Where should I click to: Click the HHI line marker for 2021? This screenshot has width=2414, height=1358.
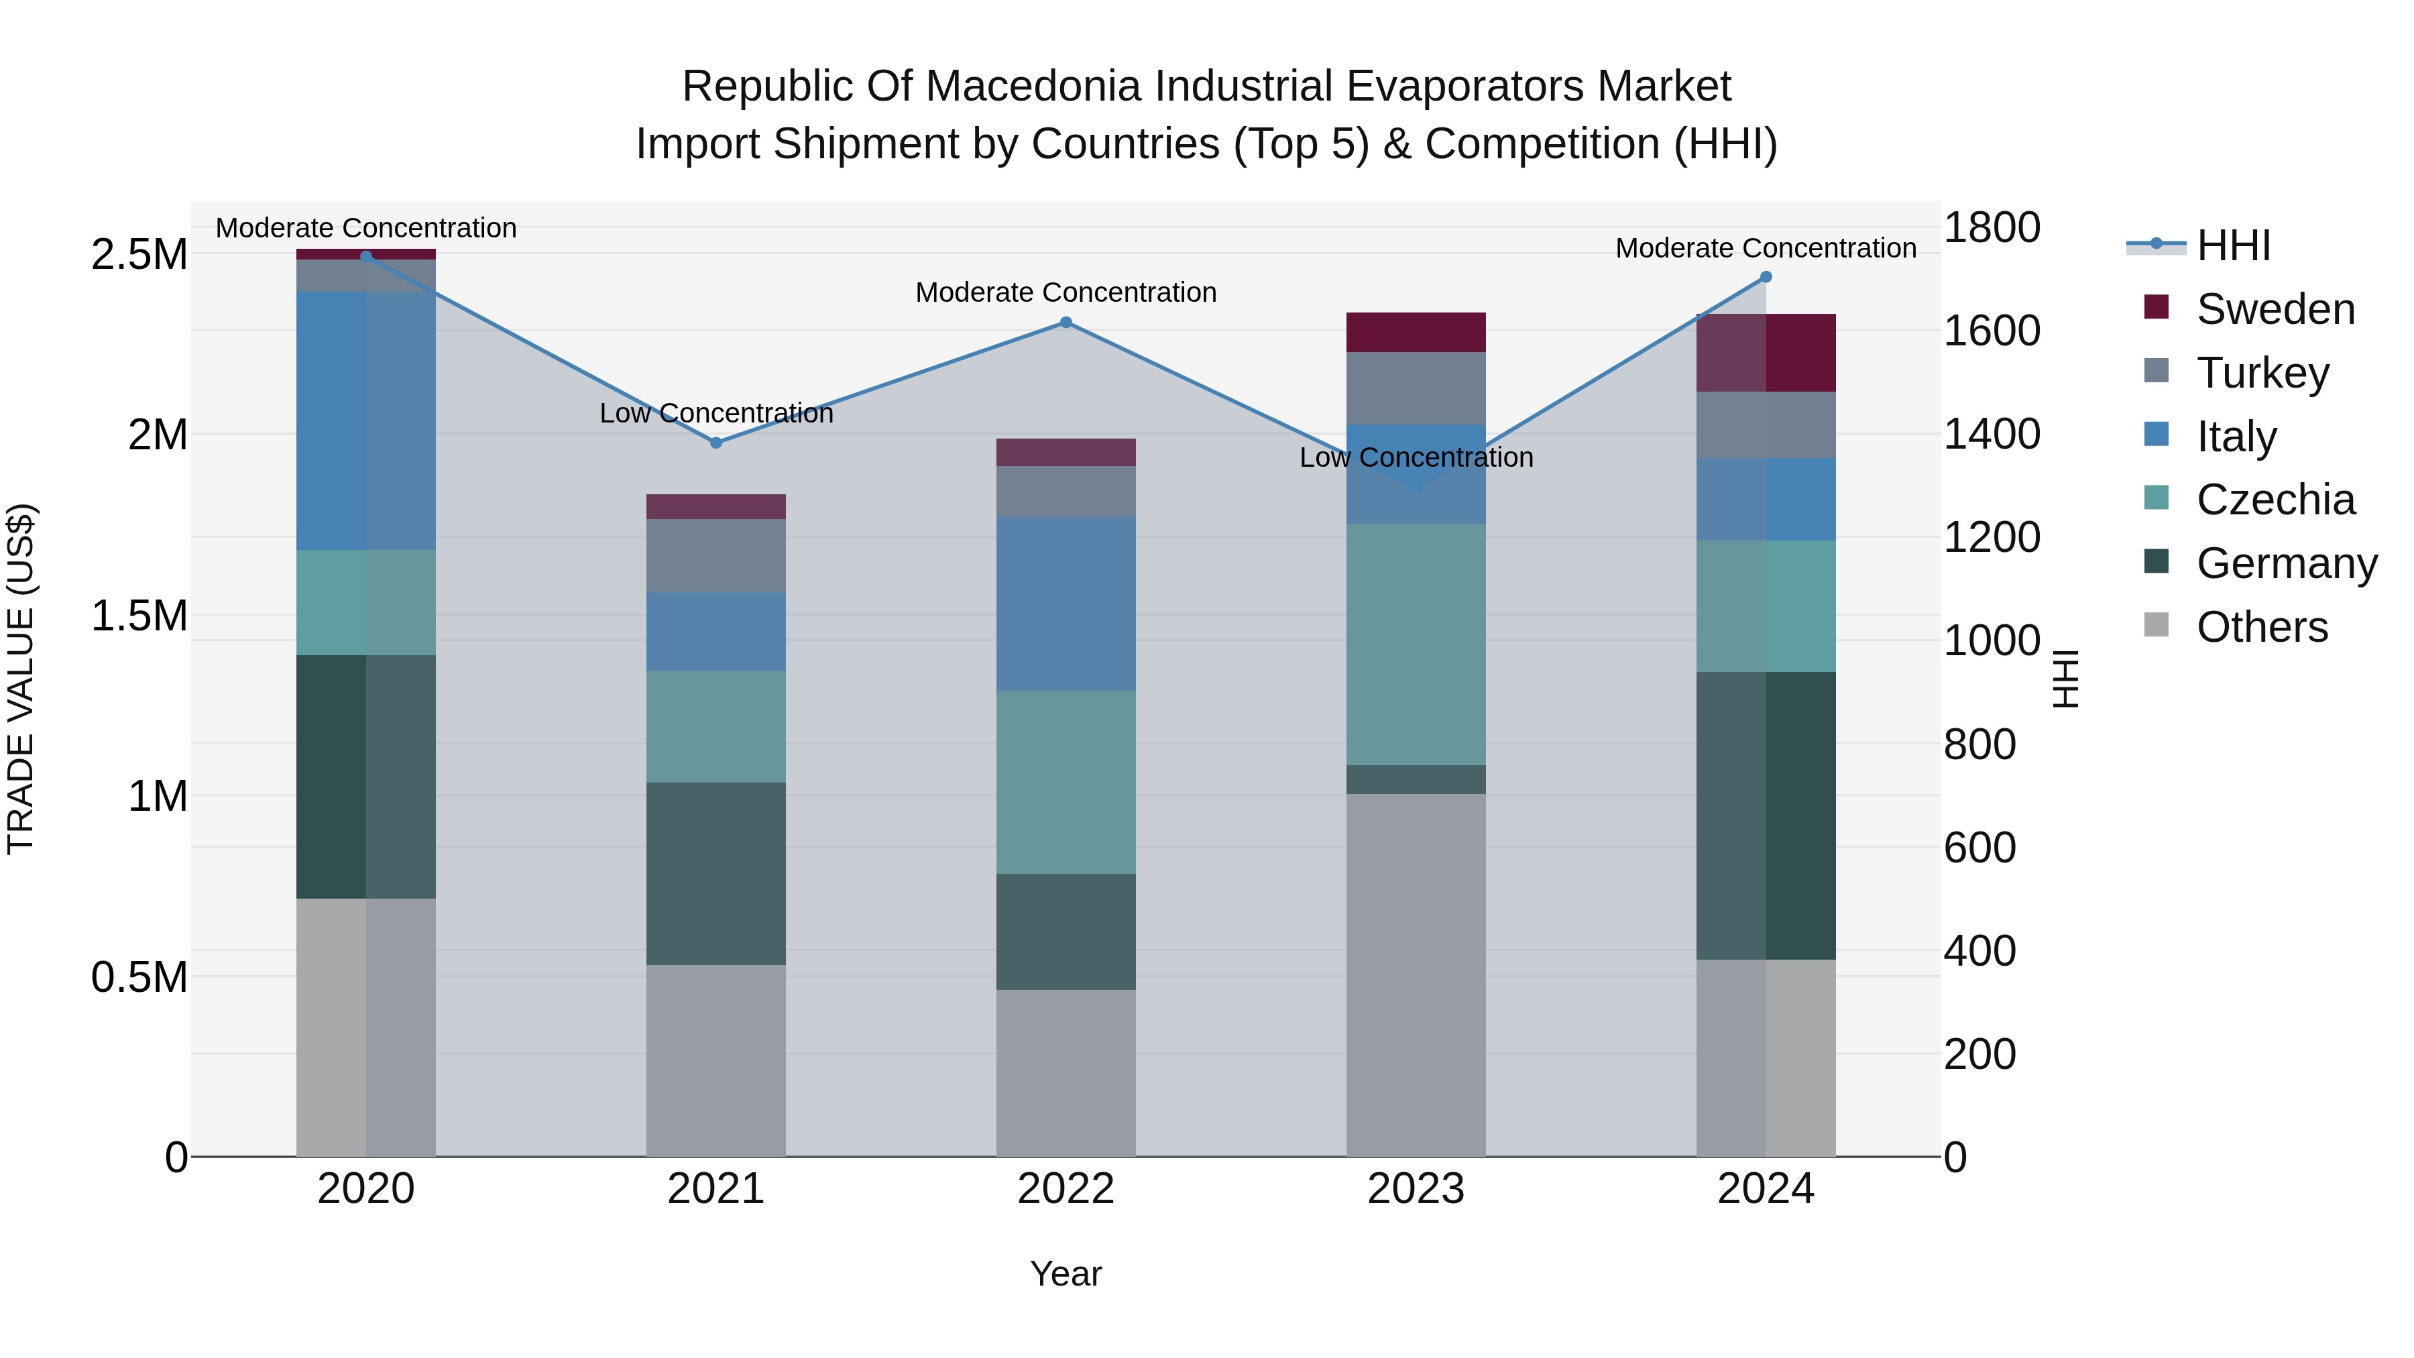pos(716,443)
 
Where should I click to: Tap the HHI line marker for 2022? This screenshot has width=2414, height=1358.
pos(1066,323)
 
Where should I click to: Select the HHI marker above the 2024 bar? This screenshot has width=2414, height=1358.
pos(1766,276)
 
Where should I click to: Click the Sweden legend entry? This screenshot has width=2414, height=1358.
pos(2275,309)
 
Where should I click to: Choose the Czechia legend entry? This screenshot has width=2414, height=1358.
pos(2275,500)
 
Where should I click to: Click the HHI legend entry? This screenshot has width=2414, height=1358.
pos(2232,245)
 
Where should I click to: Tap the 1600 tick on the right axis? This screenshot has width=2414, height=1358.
pos(1992,331)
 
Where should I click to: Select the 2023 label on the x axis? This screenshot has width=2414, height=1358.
pos(1415,1188)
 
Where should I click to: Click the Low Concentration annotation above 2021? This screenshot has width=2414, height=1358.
pos(716,413)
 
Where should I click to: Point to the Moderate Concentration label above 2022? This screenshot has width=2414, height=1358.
pos(1066,292)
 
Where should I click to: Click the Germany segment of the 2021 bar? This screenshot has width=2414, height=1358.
pos(716,873)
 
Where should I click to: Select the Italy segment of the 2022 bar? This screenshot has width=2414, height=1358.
pos(1066,604)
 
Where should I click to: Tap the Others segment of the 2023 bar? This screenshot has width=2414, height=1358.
pos(1415,974)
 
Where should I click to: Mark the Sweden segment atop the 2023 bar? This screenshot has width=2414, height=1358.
pos(1415,332)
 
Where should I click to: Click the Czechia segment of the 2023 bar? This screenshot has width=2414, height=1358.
pos(1415,644)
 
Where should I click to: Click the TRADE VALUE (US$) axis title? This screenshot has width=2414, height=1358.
pos(21,679)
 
